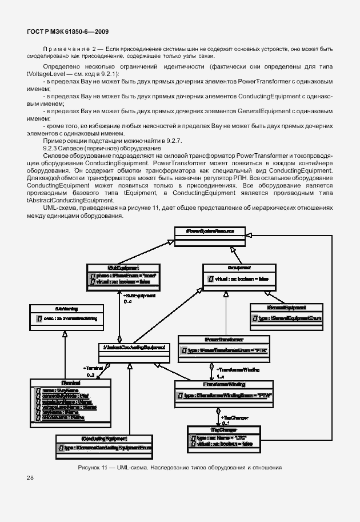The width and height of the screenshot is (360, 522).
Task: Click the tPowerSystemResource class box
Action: point(211,236)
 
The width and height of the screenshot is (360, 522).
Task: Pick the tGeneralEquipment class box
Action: point(286,313)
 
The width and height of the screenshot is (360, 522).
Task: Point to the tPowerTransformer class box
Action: point(214,347)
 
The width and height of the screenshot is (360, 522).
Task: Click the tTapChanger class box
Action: point(219,437)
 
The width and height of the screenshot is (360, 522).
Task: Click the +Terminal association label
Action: point(93,369)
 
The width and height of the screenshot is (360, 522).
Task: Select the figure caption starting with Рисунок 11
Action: point(179,468)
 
